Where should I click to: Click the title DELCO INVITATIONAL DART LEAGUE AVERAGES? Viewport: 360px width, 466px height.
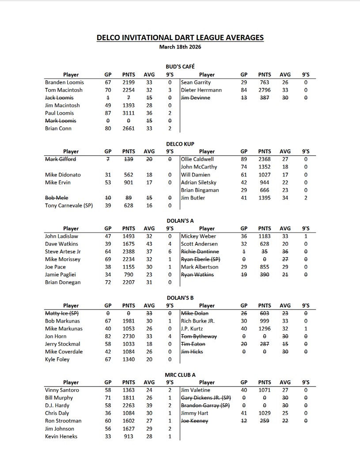pos(180,38)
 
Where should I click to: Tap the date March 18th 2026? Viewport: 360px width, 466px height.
pos(180,46)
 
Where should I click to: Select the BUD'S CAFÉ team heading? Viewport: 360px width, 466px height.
pos(180,66)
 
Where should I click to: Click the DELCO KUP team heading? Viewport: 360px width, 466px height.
pos(180,144)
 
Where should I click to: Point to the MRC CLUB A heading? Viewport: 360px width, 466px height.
pos(180,375)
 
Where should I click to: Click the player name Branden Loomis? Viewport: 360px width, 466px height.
pos(64,83)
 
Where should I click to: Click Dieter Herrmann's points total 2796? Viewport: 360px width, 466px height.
pos(265,90)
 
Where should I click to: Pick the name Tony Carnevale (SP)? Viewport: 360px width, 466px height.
pos(69,206)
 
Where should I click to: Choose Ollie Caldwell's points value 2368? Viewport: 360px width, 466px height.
pos(265,159)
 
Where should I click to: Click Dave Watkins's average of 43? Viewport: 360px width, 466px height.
pos(149,244)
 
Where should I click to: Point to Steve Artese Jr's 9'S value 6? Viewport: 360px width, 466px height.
pos(170,252)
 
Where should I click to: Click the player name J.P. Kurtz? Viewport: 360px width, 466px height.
pos(193,329)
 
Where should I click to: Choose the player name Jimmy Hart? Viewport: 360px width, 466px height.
pos(195,413)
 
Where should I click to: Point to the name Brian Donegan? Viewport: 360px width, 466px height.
pos(63,282)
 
